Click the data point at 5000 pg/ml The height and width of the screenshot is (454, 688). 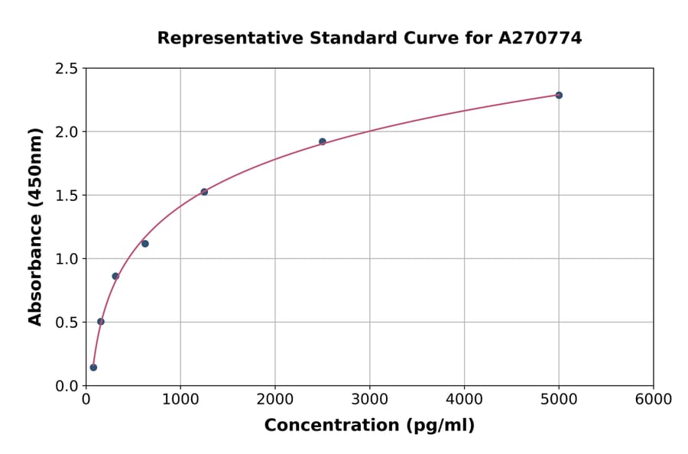click(x=559, y=95)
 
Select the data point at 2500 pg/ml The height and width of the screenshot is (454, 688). click(x=323, y=141)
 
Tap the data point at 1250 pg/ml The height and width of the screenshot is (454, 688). click(x=204, y=192)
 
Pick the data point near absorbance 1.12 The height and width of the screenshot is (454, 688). click(x=145, y=244)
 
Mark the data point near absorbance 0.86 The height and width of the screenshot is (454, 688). click(x=115, y=276)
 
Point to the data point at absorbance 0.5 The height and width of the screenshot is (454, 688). click(x=101, y=322)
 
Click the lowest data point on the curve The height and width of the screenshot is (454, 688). click(x=93, y=368)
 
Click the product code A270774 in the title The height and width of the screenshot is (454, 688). click(x=540, y=38)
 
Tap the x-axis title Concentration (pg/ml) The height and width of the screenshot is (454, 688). click(x=369, y=426)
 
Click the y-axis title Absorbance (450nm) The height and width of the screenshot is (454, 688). click(x=35, y=226)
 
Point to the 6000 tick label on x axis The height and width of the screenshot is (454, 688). click(x=653, y=400)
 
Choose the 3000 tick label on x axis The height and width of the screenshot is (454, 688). click(x=369, y=400)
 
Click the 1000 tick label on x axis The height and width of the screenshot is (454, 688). click(x=180, y=400)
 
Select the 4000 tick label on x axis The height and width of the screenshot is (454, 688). click(x=464, y=400)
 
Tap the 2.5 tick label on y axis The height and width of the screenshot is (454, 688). click(x=67, y=69)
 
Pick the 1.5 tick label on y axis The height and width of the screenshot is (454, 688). click(x=67, y=196)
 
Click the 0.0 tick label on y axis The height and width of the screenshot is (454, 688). click(x=67, y=386)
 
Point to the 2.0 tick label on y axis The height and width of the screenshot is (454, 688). click(x=67, y=132)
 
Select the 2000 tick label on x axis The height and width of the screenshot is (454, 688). click(x=275, y=400)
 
